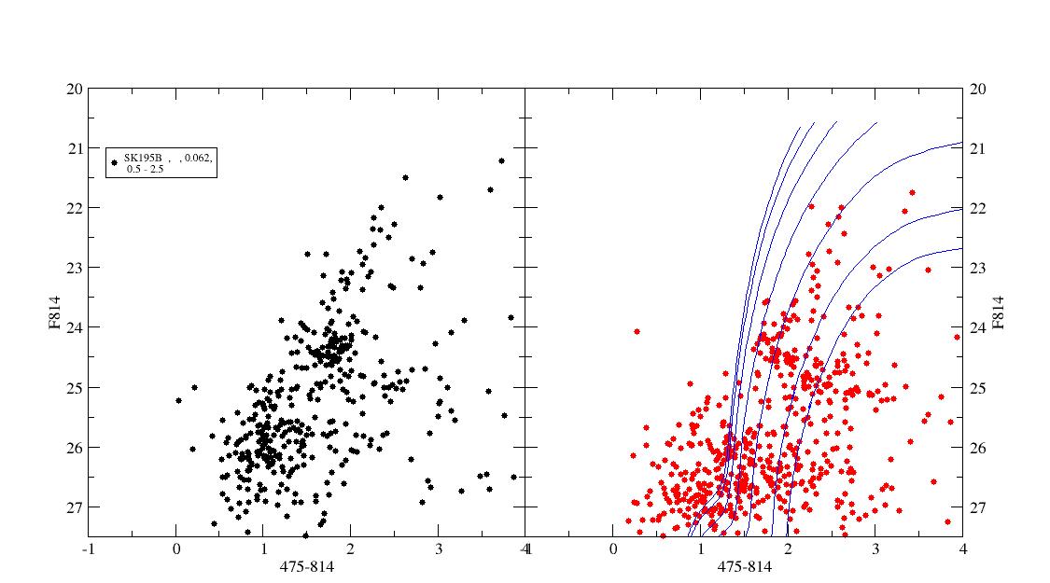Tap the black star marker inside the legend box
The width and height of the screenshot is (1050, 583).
pos(115,162)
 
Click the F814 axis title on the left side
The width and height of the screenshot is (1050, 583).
pos(56,312)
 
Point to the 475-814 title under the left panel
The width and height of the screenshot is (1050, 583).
pos(306,566)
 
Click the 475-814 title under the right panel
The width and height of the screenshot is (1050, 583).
pos(743,566)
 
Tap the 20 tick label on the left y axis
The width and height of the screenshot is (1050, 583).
pos(75,89)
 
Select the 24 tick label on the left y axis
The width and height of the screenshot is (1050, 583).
pos(75,327)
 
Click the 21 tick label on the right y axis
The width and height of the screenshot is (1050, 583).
pos(978,148)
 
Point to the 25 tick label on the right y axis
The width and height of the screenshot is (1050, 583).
pos(978,387)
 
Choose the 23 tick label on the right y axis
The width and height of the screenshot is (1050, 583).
pos(978,268)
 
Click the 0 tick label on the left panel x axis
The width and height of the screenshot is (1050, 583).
pos(175,549)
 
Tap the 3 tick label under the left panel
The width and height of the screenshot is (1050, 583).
pos(438,549)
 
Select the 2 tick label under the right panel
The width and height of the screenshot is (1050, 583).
pos(787,549)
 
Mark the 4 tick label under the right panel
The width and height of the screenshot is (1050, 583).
pos(961,549)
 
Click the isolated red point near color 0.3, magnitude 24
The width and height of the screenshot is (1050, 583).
pos(637,331)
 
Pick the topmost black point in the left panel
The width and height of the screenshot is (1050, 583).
pos(501,160)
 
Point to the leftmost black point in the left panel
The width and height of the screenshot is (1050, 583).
pos(178,400)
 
